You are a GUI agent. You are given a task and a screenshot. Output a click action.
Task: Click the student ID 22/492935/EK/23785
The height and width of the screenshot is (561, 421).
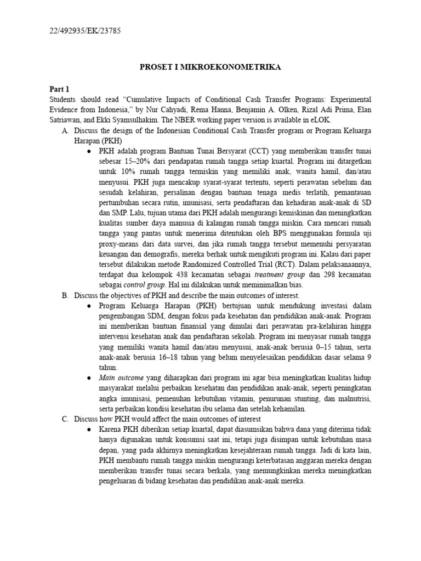point(85,31)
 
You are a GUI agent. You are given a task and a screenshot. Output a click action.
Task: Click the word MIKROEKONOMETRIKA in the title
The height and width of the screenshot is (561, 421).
point(236,67)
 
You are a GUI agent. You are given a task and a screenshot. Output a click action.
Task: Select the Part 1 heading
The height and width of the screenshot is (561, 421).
point(60,89)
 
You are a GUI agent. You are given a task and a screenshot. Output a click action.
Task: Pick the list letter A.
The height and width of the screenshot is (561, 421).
point(65,130)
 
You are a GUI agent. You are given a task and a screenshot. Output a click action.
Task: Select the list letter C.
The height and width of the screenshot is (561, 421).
point(65,419)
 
